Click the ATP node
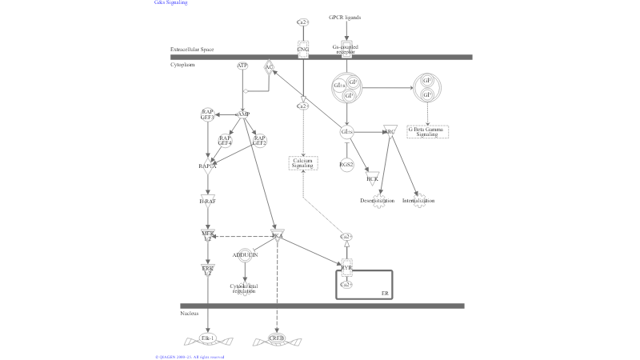(242, 65)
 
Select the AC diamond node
(269, 67)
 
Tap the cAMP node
(242, 114)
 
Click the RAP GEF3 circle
(207, 114)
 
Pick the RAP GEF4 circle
(225, 140)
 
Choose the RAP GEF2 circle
(259, 140)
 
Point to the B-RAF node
(208, 201)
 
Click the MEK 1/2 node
(208, 235)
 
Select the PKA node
(278, 236)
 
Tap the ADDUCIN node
(245, 255)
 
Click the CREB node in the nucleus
(277, 338)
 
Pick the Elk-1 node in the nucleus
(208, 338)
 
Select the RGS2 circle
(346, 165)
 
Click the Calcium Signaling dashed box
(302, 162)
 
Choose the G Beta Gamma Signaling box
(427, 131)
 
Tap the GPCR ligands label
(345, 17)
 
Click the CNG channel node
(302, 50)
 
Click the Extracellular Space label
(192, 50)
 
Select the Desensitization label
(378, 200)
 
